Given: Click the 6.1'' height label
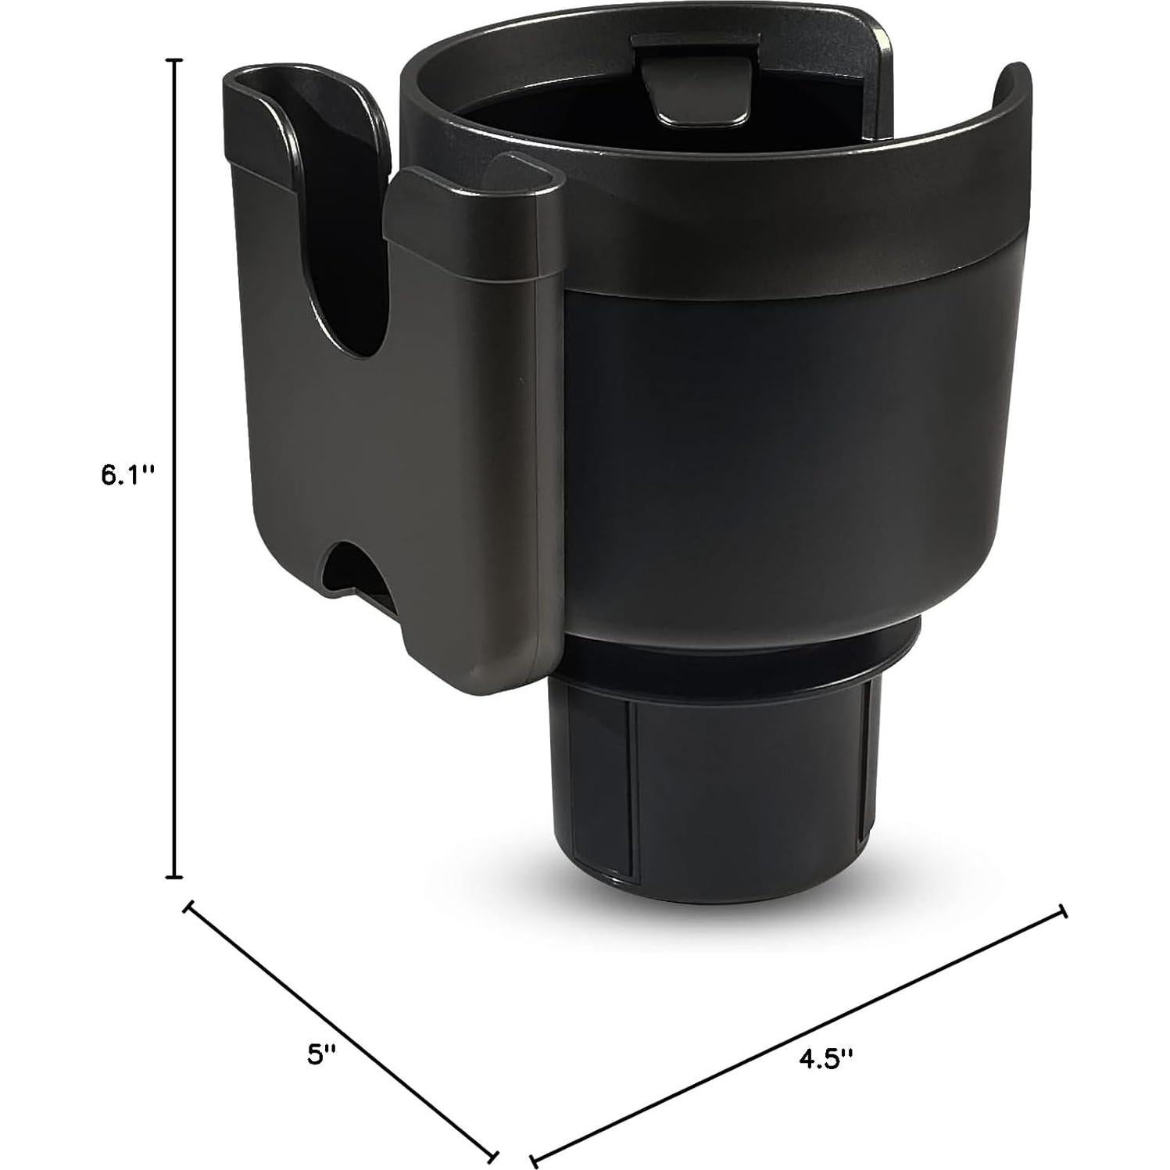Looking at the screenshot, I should pos(124,476).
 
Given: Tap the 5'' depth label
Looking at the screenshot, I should pos(321,1054).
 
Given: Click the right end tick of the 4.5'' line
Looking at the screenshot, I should pos(1062,911).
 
